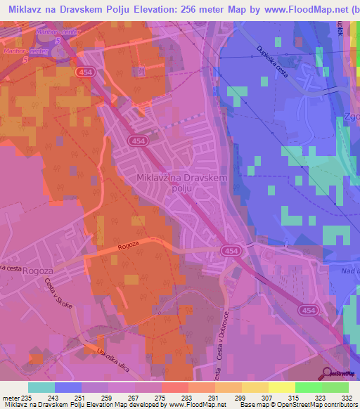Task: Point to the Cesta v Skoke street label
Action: [56, 299]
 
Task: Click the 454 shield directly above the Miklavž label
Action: [137, 141]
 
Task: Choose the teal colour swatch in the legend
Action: [41, 387]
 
